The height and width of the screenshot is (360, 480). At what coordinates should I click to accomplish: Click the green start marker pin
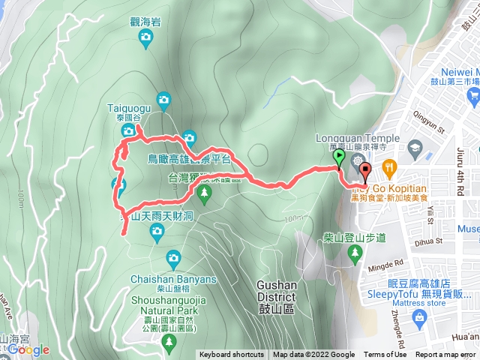pyautogui.click(x=339, y=158)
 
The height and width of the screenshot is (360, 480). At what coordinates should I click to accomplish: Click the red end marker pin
pyautogui.click(x=366, y=172)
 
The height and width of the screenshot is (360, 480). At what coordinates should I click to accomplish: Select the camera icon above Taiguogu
pyautogui.click(x=164, y=98)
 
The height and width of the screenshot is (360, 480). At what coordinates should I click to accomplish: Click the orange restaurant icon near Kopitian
pyautogui.click(x=388, y=166)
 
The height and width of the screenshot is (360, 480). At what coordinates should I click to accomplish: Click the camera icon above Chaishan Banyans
pyautogui.click(x=173, y=259)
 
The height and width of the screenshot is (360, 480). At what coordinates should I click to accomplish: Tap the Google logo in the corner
pyautogui.click(x=28, y=350)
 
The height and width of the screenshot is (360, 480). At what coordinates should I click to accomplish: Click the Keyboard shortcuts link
pyautogui.click(x=232, y=355)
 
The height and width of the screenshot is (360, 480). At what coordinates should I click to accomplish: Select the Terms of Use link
pyautogui.click(x=385, y=355)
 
